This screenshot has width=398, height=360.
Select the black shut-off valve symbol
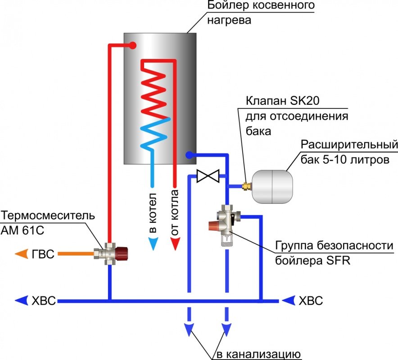208,176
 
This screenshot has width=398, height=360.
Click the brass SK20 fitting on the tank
246,185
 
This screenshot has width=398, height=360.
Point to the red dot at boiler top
132,45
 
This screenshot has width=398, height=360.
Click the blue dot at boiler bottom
189,155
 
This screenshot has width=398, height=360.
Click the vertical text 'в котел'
153,213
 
